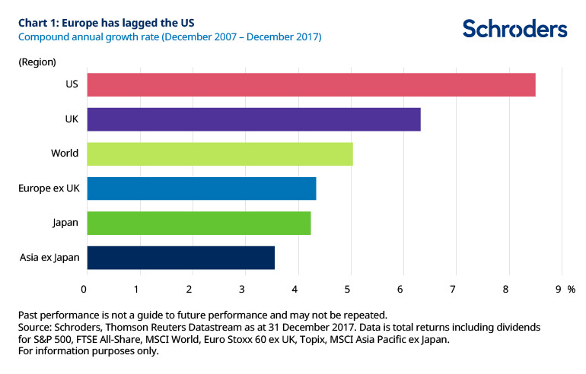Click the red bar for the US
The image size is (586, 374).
pyautogui.click(x=311, y=84)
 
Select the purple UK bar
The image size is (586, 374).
pyautogui.click(x=253, y=119)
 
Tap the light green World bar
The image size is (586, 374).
pyautogui.click(x=220, y=154)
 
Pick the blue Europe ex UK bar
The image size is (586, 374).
pyautogui.click(x=202, y=189)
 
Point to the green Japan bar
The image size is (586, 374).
pyautogui.click(x=199, y=223)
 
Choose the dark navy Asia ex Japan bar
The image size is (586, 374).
pyautogui.click(x=180, y=258)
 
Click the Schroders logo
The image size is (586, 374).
pyautogui.click(x=514, y=29)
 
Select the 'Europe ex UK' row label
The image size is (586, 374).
pyautogui.click(x=47, y=189)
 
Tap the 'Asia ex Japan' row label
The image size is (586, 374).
pyautogui.click(x=49, y=258)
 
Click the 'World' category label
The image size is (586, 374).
pyautogui.click(x=65, y=154)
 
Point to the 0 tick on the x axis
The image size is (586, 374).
pyautogui.click(x=84, y=289)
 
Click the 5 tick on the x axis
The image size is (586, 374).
pyautogui.click(x=348, y=289)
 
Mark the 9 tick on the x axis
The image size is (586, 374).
pyautogui.click(x=559, y=289)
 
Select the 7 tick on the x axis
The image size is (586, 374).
pyautogui.click(x=453, y=289)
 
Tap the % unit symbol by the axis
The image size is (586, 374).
pyautogui.click(x=572, y=289)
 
